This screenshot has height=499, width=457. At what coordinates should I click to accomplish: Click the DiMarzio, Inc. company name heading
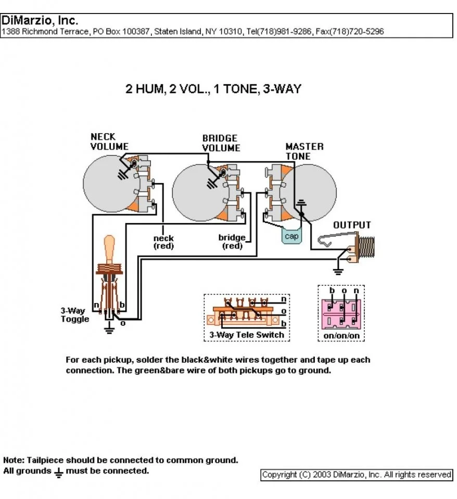point(40,21)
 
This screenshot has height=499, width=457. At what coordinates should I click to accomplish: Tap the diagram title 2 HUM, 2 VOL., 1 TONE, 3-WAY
point(213,89)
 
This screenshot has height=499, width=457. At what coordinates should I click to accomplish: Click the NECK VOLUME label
point(109,141)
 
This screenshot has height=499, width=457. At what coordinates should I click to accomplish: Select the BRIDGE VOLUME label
point(221,143)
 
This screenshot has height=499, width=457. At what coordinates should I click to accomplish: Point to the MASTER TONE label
point(304,151)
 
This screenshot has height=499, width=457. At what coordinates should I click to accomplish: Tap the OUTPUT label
point(352,225)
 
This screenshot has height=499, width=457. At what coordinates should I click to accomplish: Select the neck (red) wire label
point(163,242)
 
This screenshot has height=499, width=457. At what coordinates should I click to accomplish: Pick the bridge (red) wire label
point(232,242)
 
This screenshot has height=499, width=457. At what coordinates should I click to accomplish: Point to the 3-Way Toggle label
point(75,315)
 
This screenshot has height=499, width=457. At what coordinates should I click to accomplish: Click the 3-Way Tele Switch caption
point(247,335)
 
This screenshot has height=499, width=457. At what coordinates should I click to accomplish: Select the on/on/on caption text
point(341,336)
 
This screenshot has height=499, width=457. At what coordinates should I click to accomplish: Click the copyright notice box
point(357,475)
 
